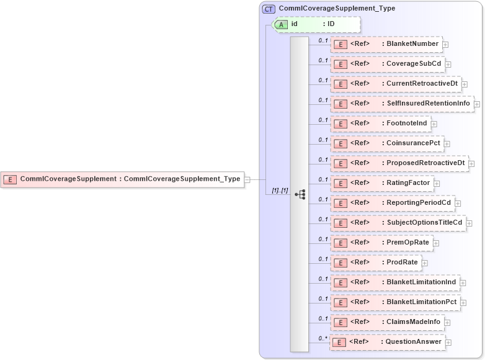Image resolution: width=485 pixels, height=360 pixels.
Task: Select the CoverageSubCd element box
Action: pos(387,64)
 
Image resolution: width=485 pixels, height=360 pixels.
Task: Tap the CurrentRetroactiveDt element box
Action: pos(395,84)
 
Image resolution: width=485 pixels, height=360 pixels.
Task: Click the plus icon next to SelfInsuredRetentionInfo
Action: pos(477,104)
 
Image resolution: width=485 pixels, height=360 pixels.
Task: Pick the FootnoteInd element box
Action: pos(380,124)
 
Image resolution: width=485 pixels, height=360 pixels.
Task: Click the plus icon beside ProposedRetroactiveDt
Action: pos(472,164)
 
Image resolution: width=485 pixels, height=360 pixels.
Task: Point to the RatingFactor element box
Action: pos(381,183)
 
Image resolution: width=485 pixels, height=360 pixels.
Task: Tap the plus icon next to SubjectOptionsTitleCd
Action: pos(469,223)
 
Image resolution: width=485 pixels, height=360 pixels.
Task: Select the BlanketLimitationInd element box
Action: pos(394,282)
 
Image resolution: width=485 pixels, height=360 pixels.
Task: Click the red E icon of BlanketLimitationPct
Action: pos(340,303)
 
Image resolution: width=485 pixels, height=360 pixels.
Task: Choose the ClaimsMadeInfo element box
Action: pos(386,322)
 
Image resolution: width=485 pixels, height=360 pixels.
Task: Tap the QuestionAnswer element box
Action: pos(386,342)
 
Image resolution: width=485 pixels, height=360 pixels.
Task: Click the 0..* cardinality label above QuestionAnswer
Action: pos(323,338)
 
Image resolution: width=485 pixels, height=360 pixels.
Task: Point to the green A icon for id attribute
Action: pos(280,24)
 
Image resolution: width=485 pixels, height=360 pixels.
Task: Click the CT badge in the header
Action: pos(269,9)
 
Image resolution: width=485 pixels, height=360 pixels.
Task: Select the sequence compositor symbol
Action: pos(300,194)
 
